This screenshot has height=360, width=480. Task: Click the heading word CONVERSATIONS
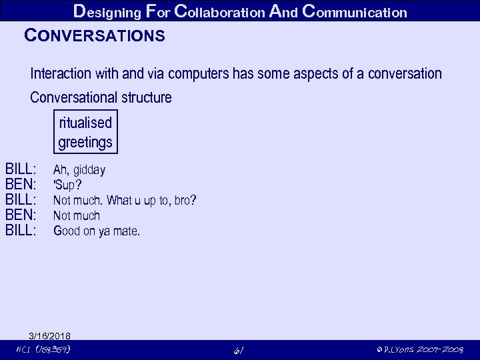tap(94, 36)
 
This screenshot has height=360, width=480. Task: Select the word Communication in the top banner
tap(354, 11)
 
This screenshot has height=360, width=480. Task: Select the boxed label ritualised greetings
tap(85, 132)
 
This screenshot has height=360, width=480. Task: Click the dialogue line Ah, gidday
tap(79, 170)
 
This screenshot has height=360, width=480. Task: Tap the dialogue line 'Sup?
tap(67, 185)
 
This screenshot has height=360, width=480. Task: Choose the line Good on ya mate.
tap(96, 231)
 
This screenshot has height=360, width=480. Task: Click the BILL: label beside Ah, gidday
tap(21, 169)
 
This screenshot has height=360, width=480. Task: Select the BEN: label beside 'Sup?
tap(20, 185)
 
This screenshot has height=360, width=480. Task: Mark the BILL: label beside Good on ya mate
tap(21, 231)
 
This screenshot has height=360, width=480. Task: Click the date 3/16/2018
tap(49, 335)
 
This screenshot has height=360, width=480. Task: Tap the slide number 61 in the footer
tap(239, 350)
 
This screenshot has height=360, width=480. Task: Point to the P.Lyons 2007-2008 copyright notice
tap(420, 350)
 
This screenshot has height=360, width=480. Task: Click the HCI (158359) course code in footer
tap(43, 350)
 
